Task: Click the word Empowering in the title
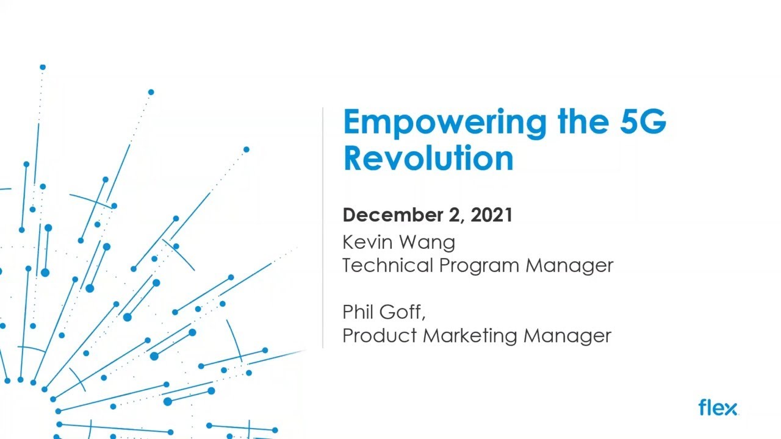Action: click(445, 122)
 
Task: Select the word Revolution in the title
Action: click(428, 158)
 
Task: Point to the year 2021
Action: click(491, 215)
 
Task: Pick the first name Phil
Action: click(358, 312)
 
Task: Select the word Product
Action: click(380, 335)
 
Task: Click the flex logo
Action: click(718, 407)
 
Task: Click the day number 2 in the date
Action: click(457, 215)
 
